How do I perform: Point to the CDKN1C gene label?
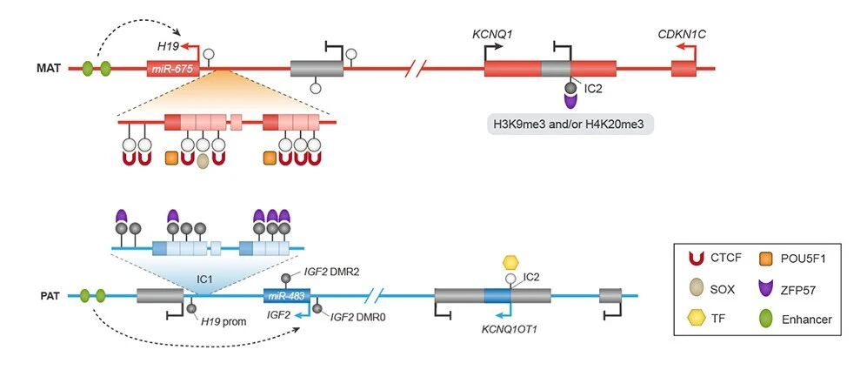(x=681, y=34)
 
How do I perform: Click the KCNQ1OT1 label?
(x=510, y=329)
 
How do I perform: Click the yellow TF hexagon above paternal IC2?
(x=511, y=261)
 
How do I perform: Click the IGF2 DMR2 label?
(x=330, y=272)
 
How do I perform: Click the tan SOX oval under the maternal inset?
(x=203, y=161)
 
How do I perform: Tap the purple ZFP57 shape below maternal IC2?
(x=570, y=101)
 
